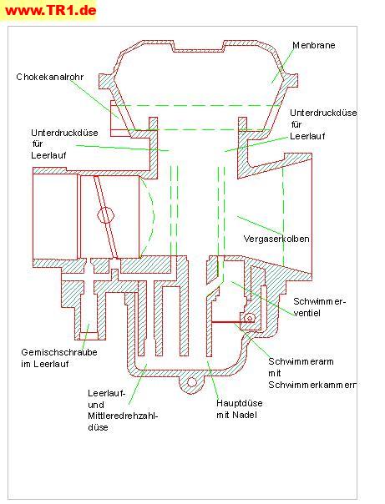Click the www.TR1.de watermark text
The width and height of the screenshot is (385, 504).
coord(51,11)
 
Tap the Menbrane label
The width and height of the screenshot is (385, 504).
coord(314,45)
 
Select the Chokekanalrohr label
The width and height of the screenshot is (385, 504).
coord(50,77)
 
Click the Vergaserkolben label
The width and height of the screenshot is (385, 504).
coord(276,239)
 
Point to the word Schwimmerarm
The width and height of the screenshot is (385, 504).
coord(301,361)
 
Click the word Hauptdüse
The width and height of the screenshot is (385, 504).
coord(240,403)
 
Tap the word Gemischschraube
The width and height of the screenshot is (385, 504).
coord(59,352)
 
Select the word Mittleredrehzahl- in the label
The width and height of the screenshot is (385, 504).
coord(124,416)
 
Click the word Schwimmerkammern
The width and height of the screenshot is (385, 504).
coord(312,385)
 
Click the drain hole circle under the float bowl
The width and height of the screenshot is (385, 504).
coord(192,382)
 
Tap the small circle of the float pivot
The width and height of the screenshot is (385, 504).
coord(250,318)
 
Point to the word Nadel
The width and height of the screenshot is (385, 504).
coord(245,415)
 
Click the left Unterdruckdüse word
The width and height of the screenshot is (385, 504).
coord(64,133)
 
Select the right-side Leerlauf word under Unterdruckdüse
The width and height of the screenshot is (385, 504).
coord(307,136)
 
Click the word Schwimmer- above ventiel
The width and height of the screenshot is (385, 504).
coord(319,301)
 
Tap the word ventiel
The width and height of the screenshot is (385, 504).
coord(306,313)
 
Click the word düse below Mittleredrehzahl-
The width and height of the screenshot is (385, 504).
coord(98,427)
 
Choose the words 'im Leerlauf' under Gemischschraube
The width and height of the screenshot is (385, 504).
coord(45,364)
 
